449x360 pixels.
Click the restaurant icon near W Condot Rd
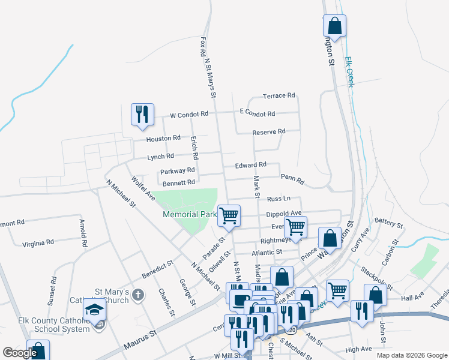click(142, 114)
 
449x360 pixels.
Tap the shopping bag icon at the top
click(334, 26)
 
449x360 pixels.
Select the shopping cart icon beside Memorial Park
click(229, 215)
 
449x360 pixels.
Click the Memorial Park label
click(189, 214)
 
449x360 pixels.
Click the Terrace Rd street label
click(279, 95)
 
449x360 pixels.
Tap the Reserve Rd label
click(268, 131)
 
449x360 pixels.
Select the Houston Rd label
click(163, 138)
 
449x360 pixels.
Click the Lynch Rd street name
click(160, 157)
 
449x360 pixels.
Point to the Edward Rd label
click(250, 164)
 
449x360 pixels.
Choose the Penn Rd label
click(292, 178)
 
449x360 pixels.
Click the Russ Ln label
click(279, 198)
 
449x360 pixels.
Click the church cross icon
click(139, 295)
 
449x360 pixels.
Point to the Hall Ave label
click(412, 298)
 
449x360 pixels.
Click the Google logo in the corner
click(19, 353)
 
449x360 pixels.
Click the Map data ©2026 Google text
click(411, 355)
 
